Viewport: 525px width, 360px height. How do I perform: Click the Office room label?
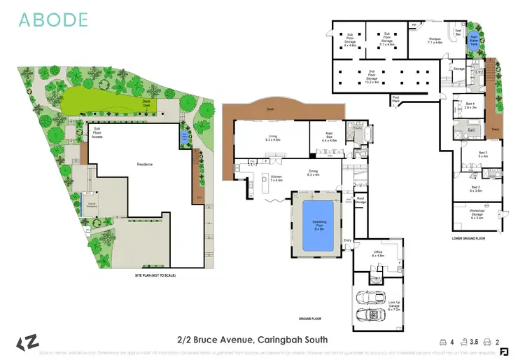(x=378, y=254)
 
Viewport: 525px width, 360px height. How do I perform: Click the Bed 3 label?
(x=483, y=154)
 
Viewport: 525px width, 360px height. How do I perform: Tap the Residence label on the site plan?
(x=145, y=165)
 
